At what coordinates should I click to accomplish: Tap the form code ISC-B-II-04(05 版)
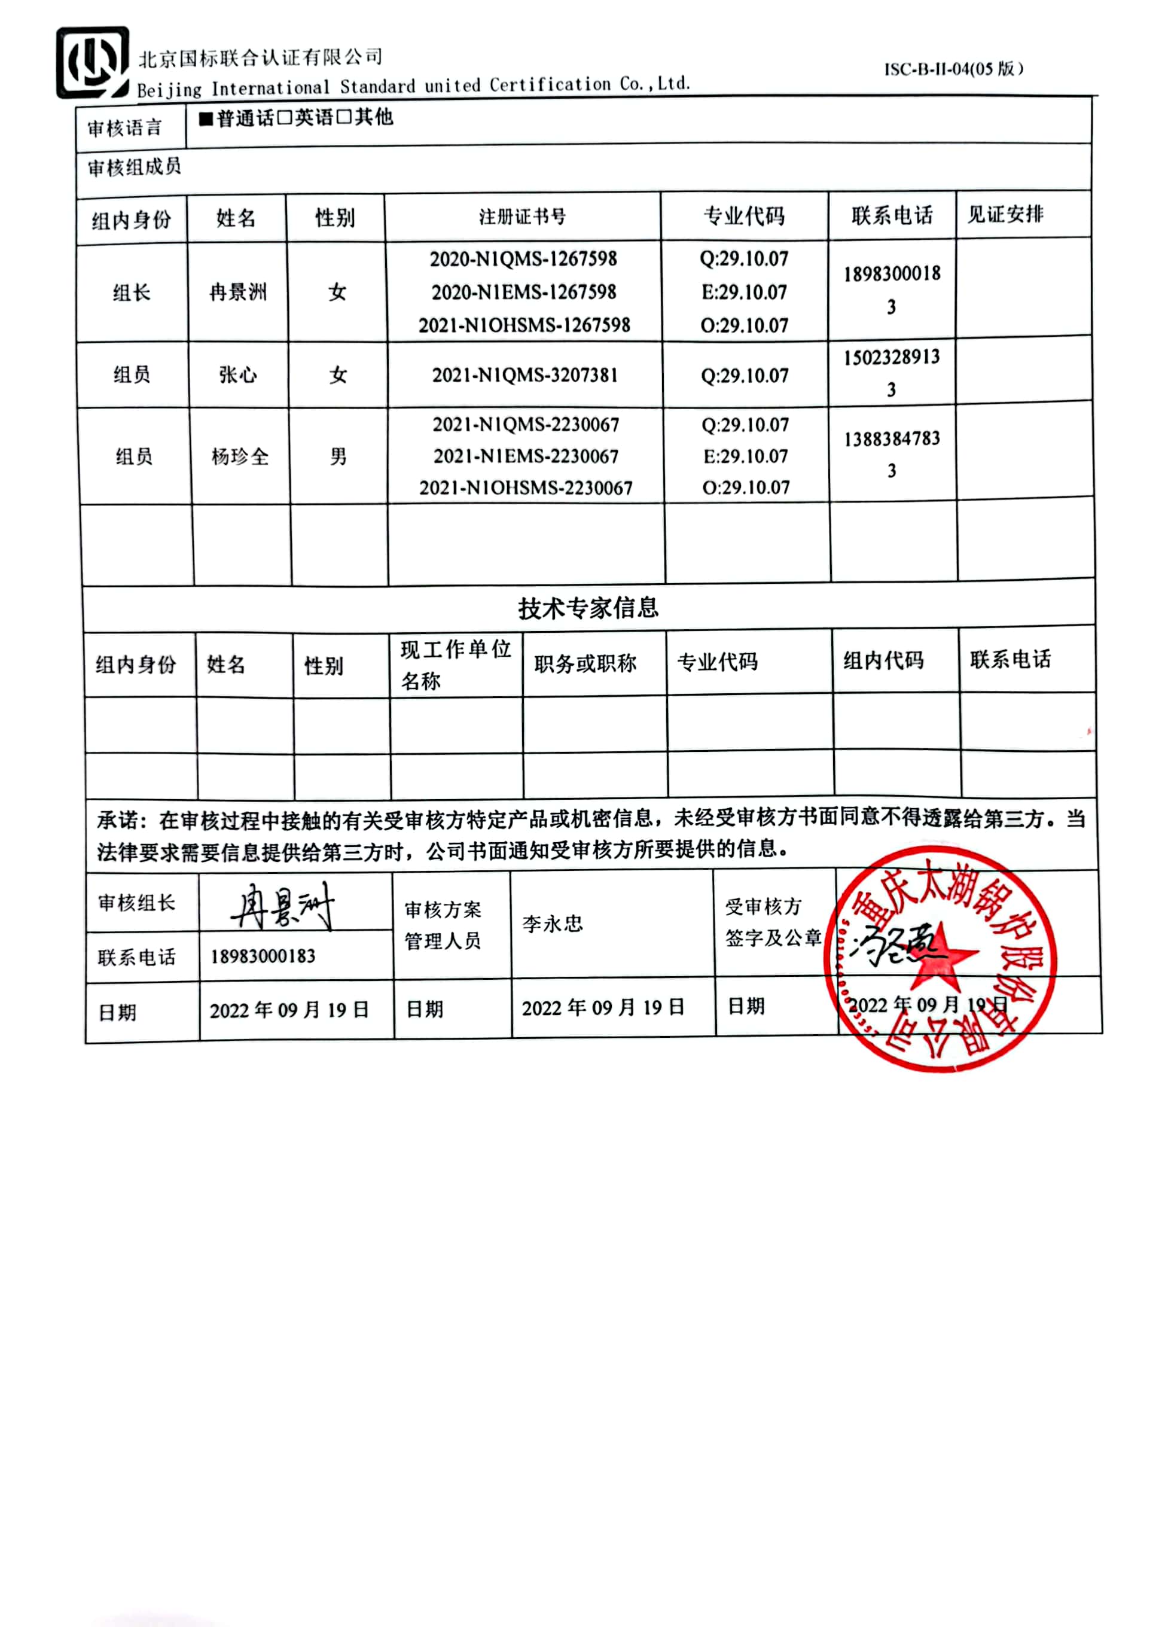pos(953,69)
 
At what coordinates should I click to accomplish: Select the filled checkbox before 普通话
pos(206,118)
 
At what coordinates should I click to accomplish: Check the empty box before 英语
pos(285,118)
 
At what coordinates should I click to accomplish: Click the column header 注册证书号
pos(522,217)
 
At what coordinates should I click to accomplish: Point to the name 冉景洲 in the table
pos(238,292)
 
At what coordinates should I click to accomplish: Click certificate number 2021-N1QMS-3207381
pos(524,374)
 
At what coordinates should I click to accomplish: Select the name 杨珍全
pos(240,456)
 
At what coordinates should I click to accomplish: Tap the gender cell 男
pos(338,456)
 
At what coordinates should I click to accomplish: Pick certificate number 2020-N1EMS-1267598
pos(524,292)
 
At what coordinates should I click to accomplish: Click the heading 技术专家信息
pos(588,608)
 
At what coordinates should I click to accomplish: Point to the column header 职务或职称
pos(585,663)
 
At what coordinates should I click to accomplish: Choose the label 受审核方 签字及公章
pos(773,922)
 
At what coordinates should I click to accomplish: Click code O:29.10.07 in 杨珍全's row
pos(745,488)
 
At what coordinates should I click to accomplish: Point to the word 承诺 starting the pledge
pos(118,819)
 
